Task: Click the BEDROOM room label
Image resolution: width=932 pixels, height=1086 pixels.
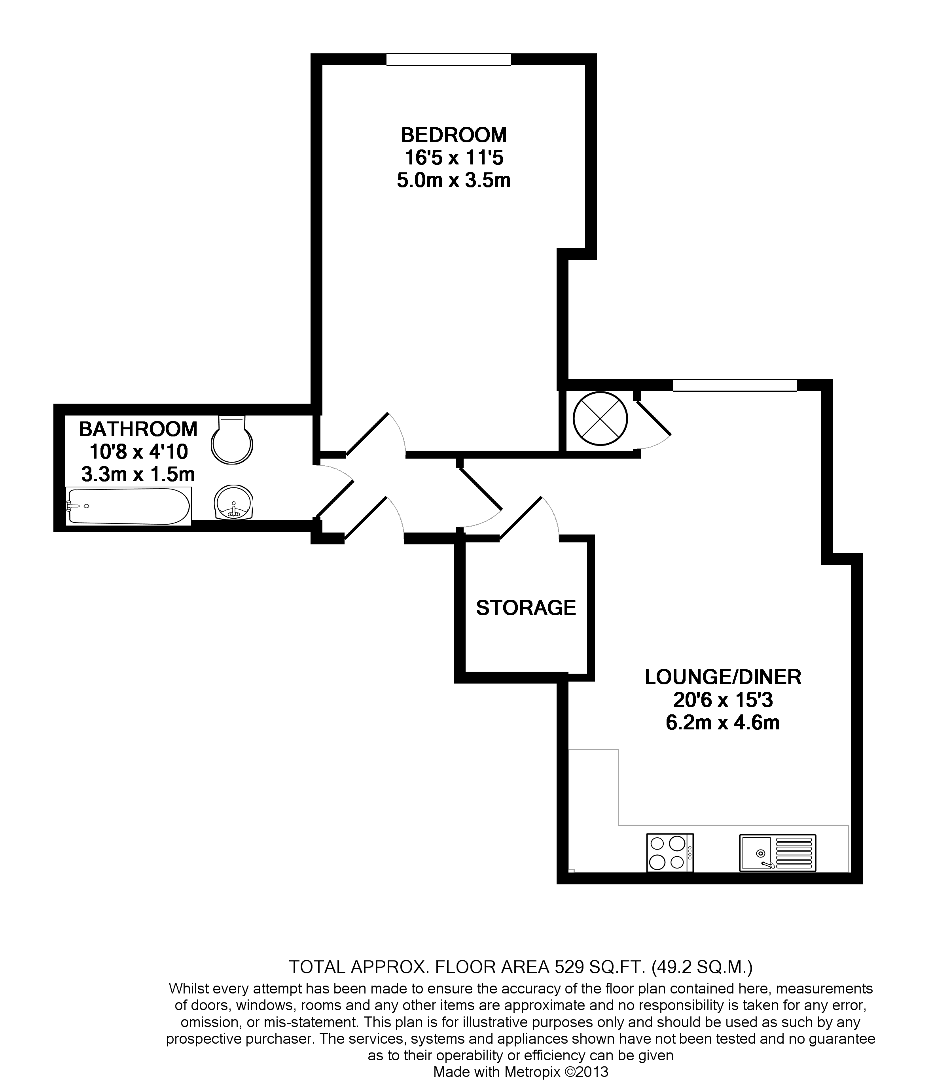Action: tap(454, 135)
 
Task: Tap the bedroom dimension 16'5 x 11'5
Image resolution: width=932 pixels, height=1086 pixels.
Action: tap(454, 158)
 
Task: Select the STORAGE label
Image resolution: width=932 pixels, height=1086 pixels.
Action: tap(525, 608)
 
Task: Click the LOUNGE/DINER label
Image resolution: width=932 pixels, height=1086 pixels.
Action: tap(723, 677)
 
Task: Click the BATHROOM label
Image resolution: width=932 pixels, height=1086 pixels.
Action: tap(138, 429)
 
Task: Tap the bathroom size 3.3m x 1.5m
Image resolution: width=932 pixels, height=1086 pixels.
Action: tap(138, 474)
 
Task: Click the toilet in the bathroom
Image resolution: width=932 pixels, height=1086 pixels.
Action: tap(232, 440)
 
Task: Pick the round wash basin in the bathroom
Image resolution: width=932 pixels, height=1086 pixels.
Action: tap(234, 502)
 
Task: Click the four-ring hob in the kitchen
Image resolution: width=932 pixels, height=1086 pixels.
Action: tap(670, 853)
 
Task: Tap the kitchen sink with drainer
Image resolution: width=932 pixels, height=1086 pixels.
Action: tap(777, 853)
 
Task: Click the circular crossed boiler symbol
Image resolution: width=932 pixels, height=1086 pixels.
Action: tap(600, 419)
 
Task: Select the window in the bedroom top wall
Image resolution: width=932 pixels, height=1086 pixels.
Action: tap(449, 59)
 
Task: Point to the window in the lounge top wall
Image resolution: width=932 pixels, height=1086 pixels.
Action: tap(734, 385)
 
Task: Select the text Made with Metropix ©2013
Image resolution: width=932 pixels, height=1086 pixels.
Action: tap(520, 1072)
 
